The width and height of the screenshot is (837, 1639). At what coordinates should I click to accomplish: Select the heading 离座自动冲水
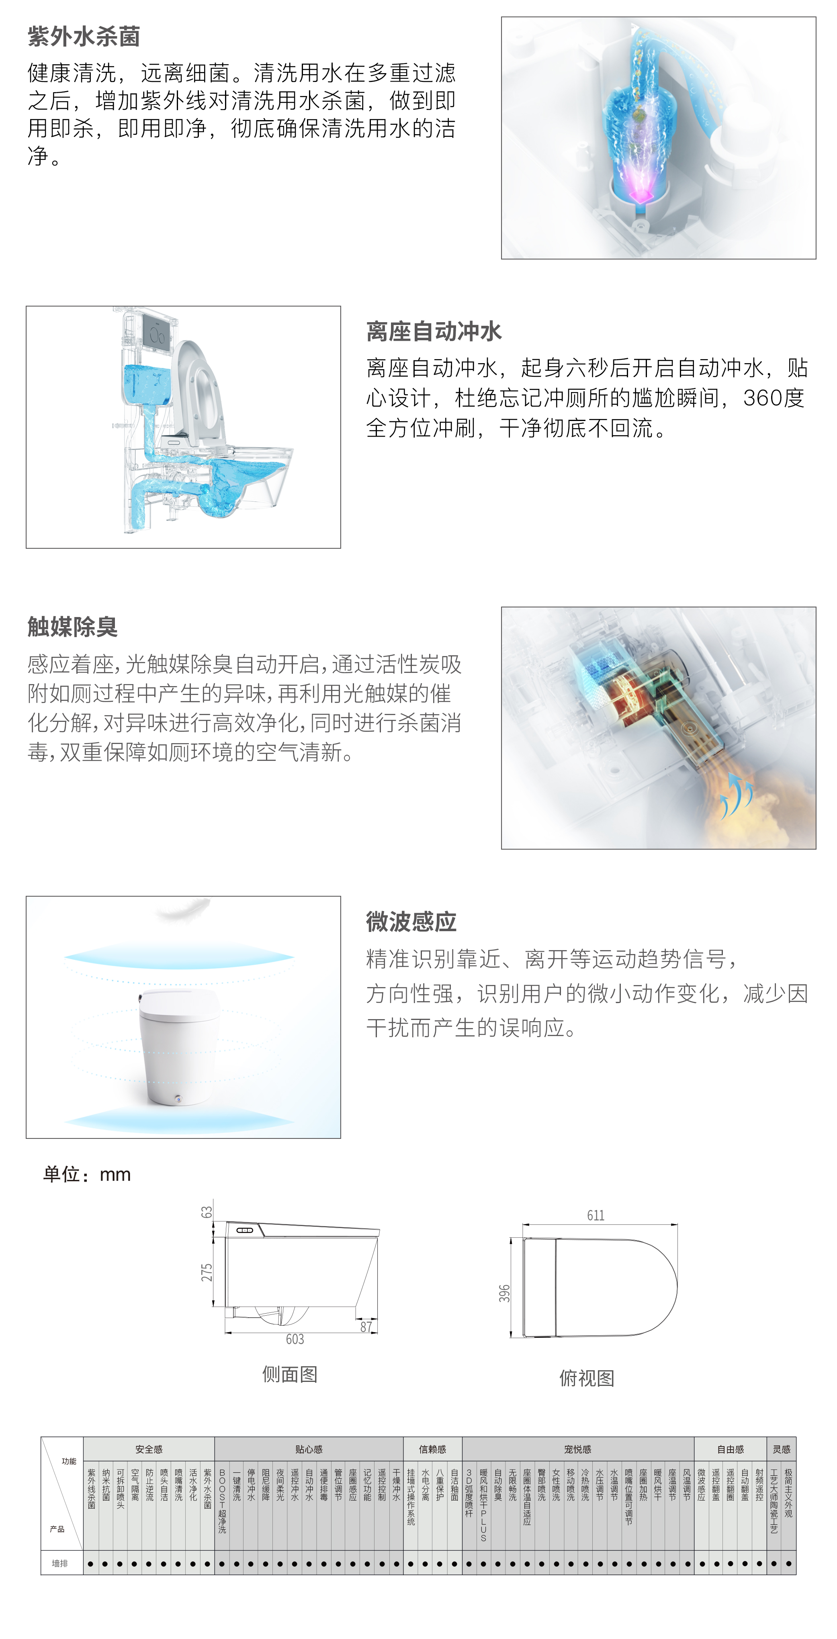[434, 331]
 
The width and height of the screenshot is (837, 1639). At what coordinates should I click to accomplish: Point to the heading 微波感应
[411, 921]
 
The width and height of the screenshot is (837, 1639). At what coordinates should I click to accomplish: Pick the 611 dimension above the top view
[596, 1215]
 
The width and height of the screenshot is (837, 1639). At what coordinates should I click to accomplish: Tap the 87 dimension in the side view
[366, 1326]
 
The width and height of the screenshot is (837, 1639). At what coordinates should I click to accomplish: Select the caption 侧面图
[290, 1374]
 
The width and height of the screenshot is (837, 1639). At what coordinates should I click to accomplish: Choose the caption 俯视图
[587, 1378]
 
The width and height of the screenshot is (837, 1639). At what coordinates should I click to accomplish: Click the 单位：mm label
[87, 1175]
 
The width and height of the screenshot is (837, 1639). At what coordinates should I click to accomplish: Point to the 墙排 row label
[60, 1563]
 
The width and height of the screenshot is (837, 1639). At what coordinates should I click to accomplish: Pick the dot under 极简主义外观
[789, 1563]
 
